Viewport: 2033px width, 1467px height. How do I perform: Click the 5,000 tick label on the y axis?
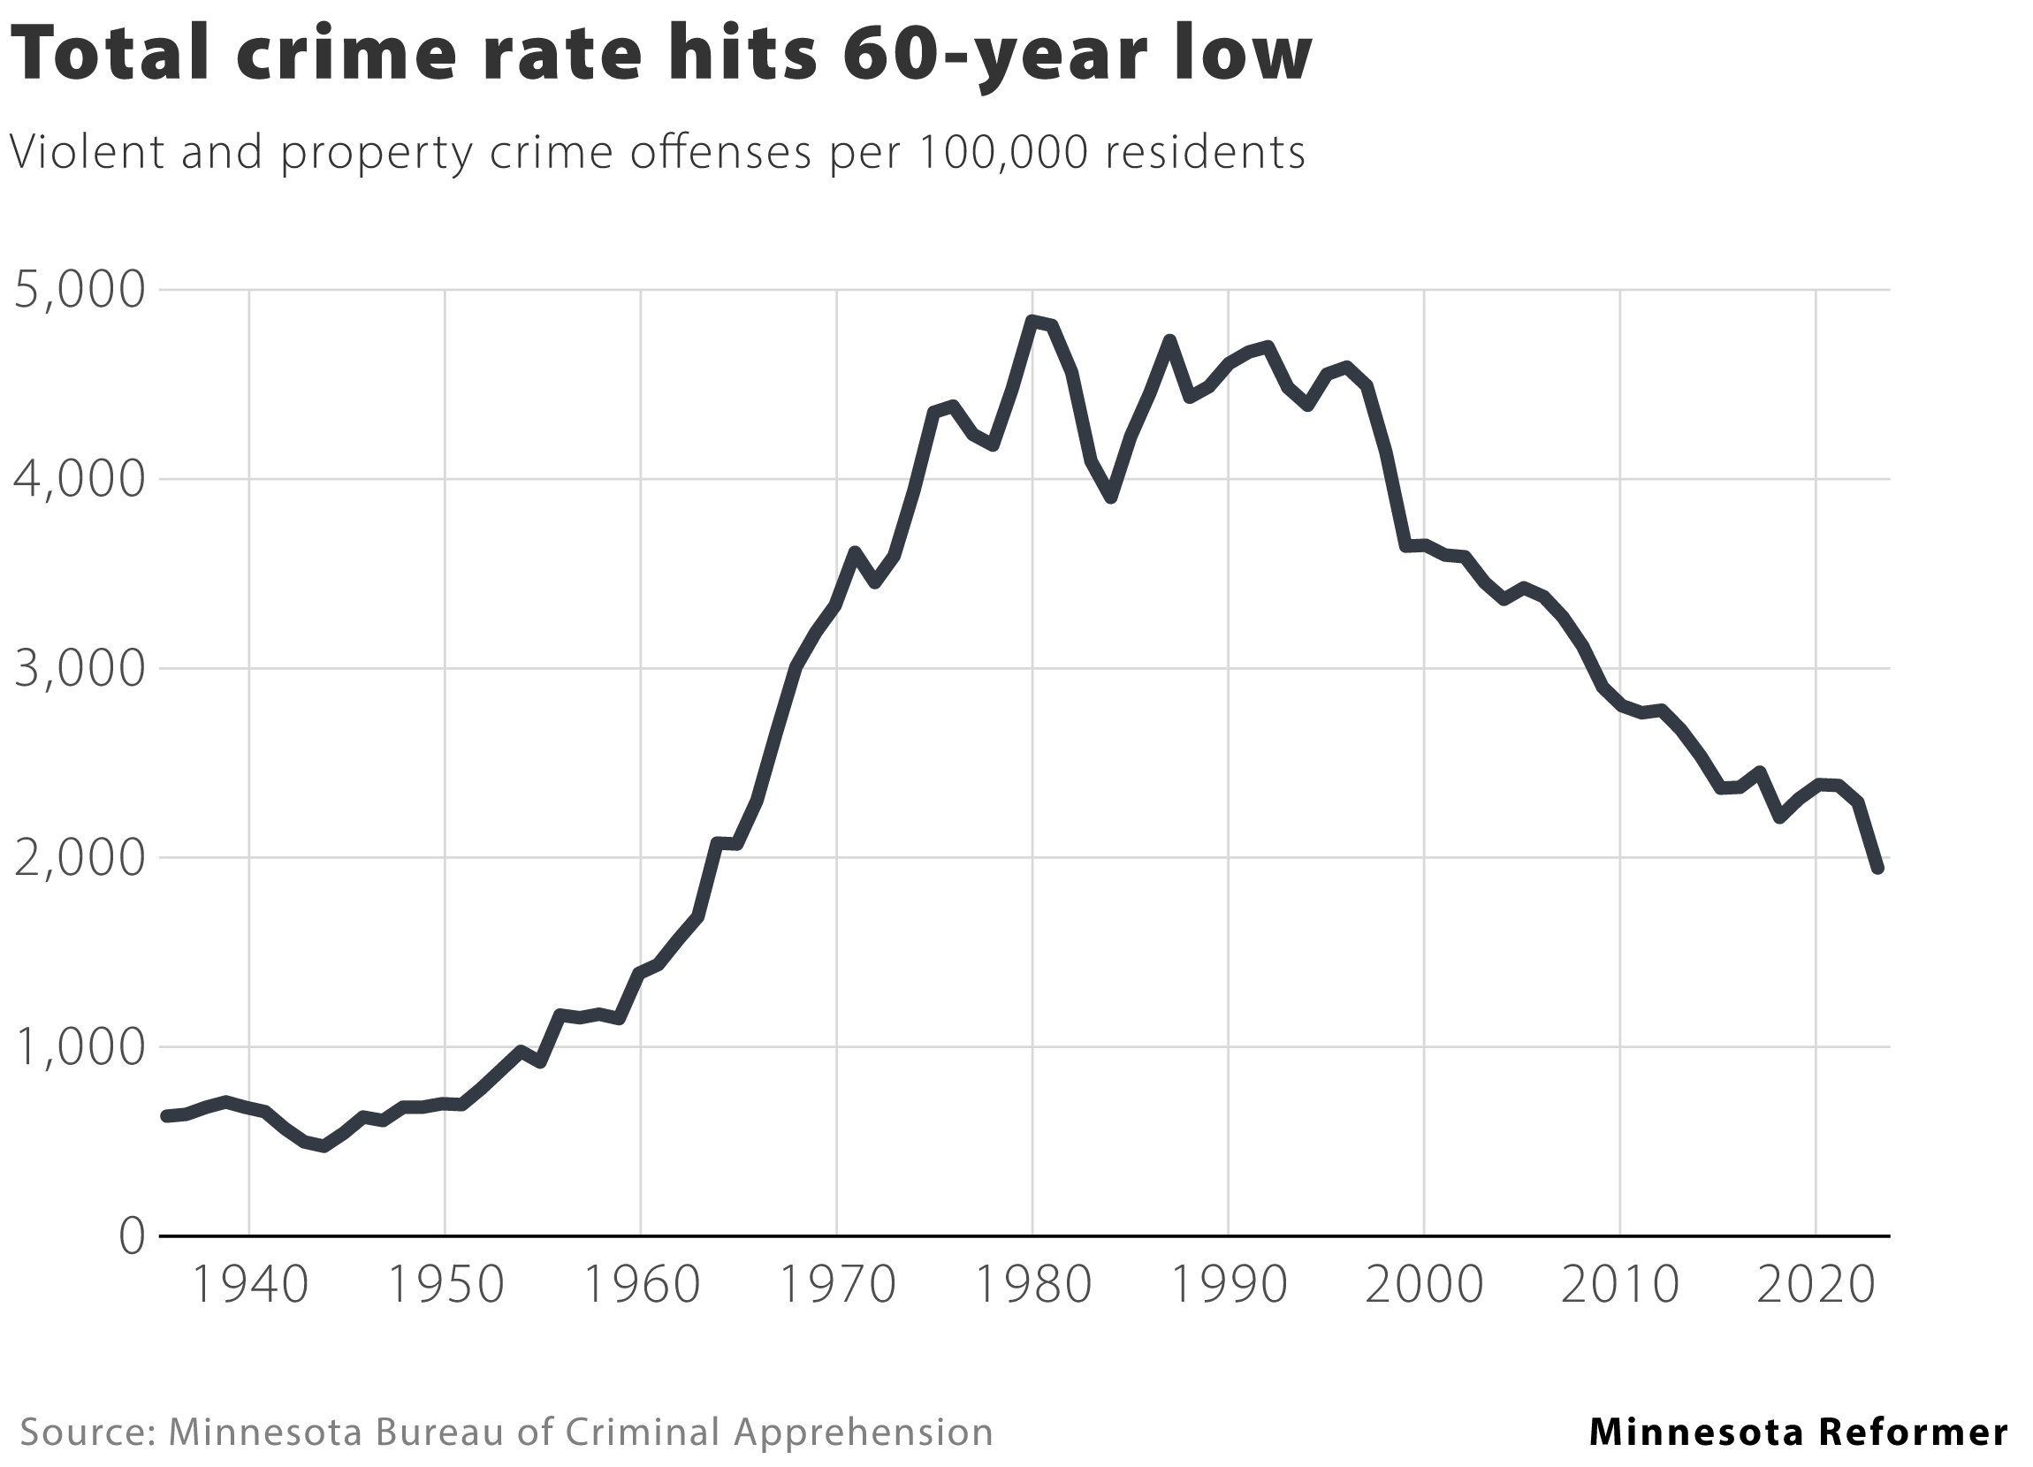point(79,292)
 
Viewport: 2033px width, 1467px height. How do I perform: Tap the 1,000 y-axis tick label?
point(79,1048)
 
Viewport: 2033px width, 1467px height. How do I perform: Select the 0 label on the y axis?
point(131,1237)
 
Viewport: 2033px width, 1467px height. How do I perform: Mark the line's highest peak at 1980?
point(1032,320)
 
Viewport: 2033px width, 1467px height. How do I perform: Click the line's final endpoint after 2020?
point(1877,868)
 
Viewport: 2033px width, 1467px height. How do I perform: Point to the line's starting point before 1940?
point(166,1115)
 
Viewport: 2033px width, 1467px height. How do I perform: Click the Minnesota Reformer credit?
point(1798,1431)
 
